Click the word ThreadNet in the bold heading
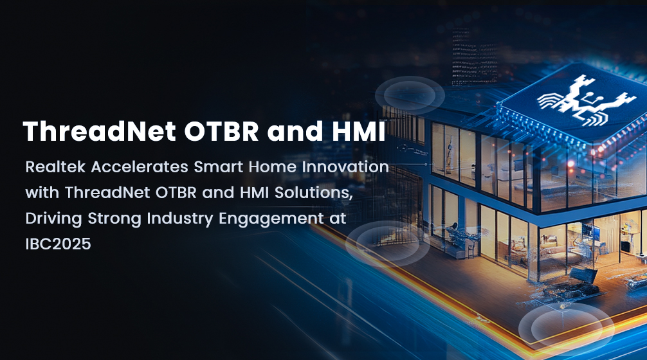pyautogui.click(x=100, y=131)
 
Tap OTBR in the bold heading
pyautogui.click(x=221, y=131)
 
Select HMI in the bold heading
pyautogui.click(x=359, y=131)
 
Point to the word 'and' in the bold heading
pyautogui.click(x=295, y=131)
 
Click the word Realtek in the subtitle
pyautogui.click(x=55, y=167)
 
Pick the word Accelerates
pyautogui.click(x=140, y=167)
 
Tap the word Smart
pyautogui.click(x=218, y=167)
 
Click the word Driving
pyautogui.click(x=53, y=219)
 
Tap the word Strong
pyautogui.click(x=114, y=219)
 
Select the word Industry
pyautogui.click(x=180, y=219)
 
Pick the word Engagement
pyautogui.click(x=271, y=219)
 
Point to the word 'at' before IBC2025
pyautogui.click(x=338, y=219)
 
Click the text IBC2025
pyautogui.click(x=58, y=244)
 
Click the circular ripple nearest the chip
pyautogui.click(x=409, y=96)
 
